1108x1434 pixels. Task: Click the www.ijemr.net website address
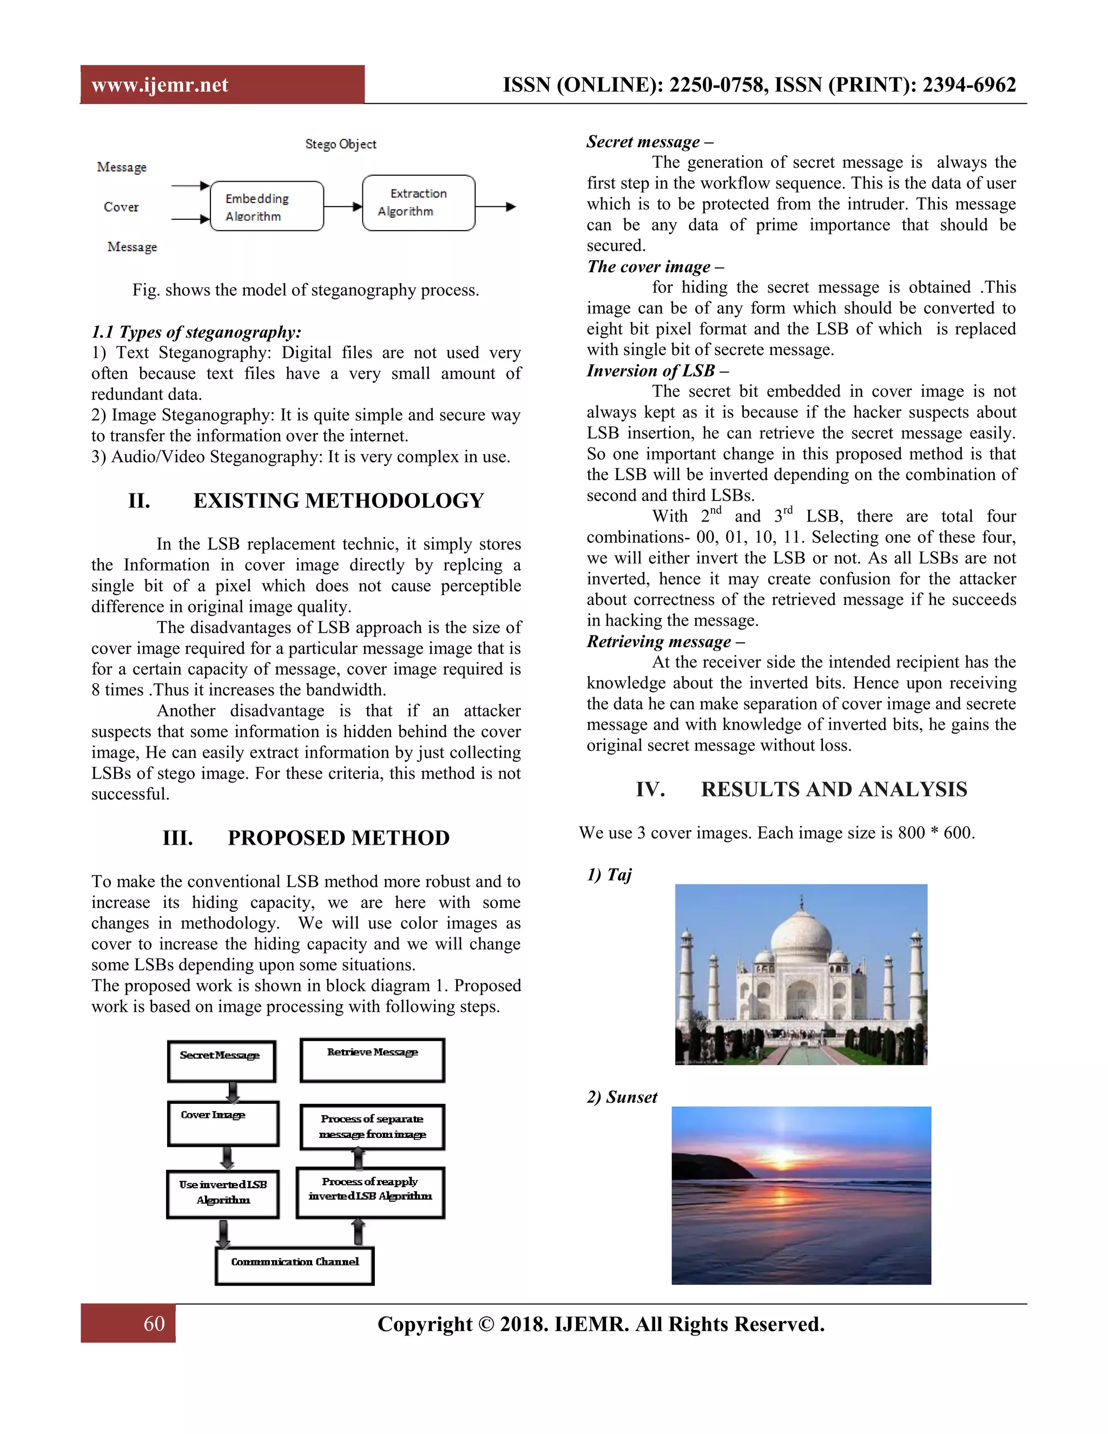[x=160, y=85]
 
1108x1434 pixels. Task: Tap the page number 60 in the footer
[x=154, y=1323]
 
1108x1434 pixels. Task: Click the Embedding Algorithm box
[x=267, y=207]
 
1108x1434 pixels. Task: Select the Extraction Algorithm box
[x=418, y=203]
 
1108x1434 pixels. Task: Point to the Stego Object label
[x=341, y=144]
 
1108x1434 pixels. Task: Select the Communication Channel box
[x=295, y=1265]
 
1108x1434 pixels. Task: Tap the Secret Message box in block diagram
[x=221, y=1061]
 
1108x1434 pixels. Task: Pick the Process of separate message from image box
[x=372, y=1127]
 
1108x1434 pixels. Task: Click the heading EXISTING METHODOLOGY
[x=338, y=501]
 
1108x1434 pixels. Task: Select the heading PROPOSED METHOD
[x=338, y=838]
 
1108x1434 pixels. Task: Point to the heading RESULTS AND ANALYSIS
[x=834, y=789]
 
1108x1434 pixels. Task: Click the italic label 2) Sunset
[x=622, y=1097]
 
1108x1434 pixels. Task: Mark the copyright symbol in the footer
[x=486, y=1324]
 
